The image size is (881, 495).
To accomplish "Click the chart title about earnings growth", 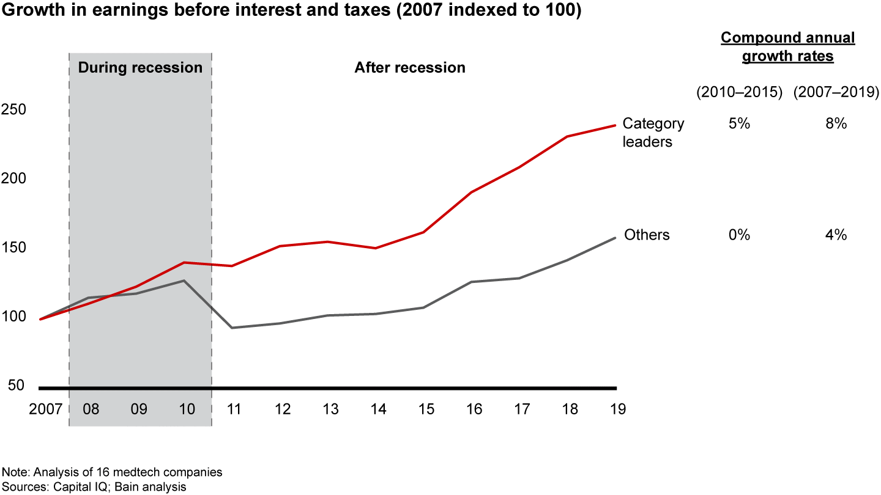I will pos(290,12).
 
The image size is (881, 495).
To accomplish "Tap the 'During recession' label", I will pos(140,67).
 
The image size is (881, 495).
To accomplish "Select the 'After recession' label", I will pos(410,67).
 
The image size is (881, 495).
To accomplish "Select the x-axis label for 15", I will pos(426,409).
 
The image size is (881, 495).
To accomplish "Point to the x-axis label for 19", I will pos(618,409).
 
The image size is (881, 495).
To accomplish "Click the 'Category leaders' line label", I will pos(653,133).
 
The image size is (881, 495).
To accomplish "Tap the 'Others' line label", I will pos(647,235).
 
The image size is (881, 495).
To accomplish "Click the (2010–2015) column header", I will pos(739,92).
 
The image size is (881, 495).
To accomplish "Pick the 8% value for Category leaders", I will pos(836,124).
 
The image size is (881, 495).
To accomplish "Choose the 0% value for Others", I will pos(739,235).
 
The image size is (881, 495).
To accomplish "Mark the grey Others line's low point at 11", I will pos(232,328).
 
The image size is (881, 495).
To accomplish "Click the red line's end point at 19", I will pos(615,126).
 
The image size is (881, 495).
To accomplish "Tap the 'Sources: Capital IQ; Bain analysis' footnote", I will pos(95,486).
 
